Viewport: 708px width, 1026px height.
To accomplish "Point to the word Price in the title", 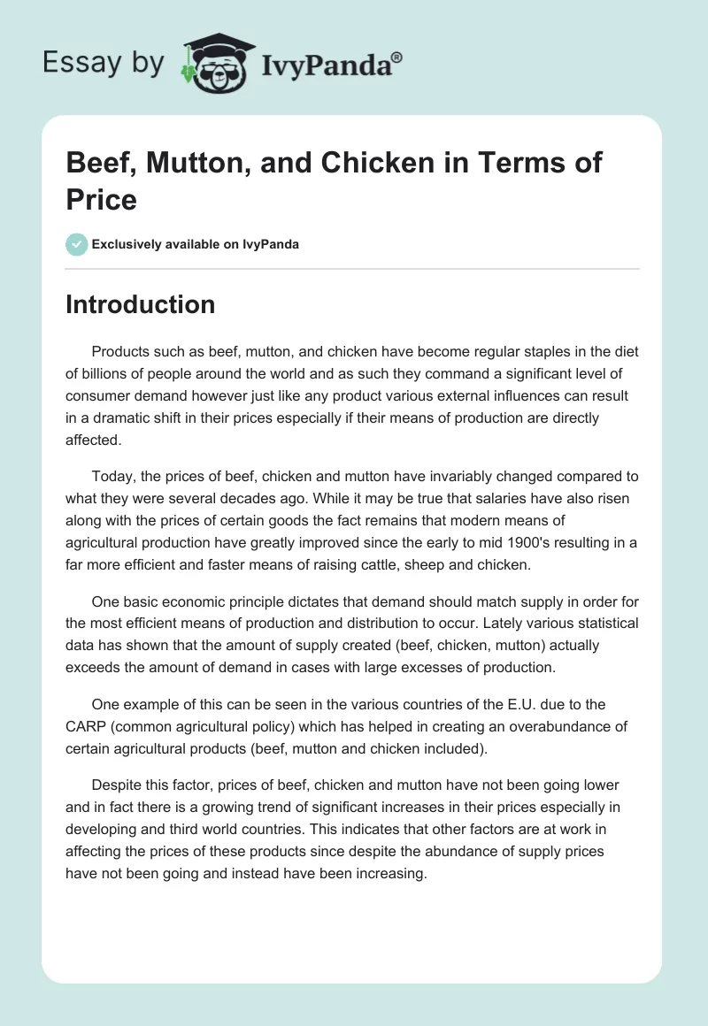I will point(102,199).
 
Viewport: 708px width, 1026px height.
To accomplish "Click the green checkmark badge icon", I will point(77,244).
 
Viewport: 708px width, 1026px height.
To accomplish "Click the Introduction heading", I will point(141,304).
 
